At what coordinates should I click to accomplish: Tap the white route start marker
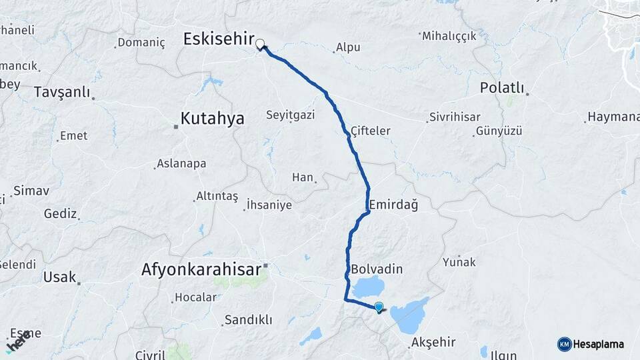(x=260, y=45)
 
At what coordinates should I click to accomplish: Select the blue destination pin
(x=379, y=307)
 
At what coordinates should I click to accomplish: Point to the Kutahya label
(x=212, y=119)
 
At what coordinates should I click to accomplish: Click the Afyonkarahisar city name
(x=201, y=270)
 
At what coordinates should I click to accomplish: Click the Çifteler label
(x=370, y=131)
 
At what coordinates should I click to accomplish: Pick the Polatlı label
(x=502, y=88)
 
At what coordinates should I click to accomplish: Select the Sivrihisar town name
(x=455, y=117)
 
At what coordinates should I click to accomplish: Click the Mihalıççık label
(x=449, y=36)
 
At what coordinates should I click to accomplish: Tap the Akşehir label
(x=433, y=342)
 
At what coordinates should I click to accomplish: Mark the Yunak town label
(x=459, y=262)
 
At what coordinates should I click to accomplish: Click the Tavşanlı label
(x=61, y=92)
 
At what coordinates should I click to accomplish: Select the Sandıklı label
(x=248, y=320)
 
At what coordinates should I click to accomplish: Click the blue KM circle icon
(x=564, y=344)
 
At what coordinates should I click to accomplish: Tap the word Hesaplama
(x=599, y=344)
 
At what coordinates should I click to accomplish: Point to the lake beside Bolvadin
(x=365, y=288)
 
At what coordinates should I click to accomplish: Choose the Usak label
(x=59, y=277)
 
